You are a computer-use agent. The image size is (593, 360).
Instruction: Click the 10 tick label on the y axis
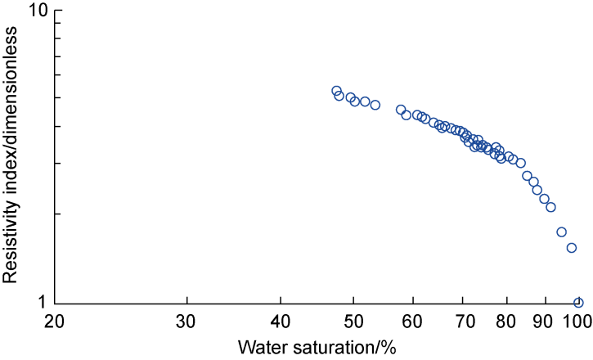38,11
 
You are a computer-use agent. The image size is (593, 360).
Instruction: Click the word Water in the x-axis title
260,347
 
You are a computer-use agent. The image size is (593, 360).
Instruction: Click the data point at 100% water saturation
578,303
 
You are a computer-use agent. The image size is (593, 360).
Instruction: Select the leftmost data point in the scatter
336,91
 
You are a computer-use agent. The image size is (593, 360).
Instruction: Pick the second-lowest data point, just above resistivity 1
572,248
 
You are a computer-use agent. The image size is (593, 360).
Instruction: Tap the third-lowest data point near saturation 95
561,232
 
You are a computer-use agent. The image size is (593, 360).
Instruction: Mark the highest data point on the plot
336,91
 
